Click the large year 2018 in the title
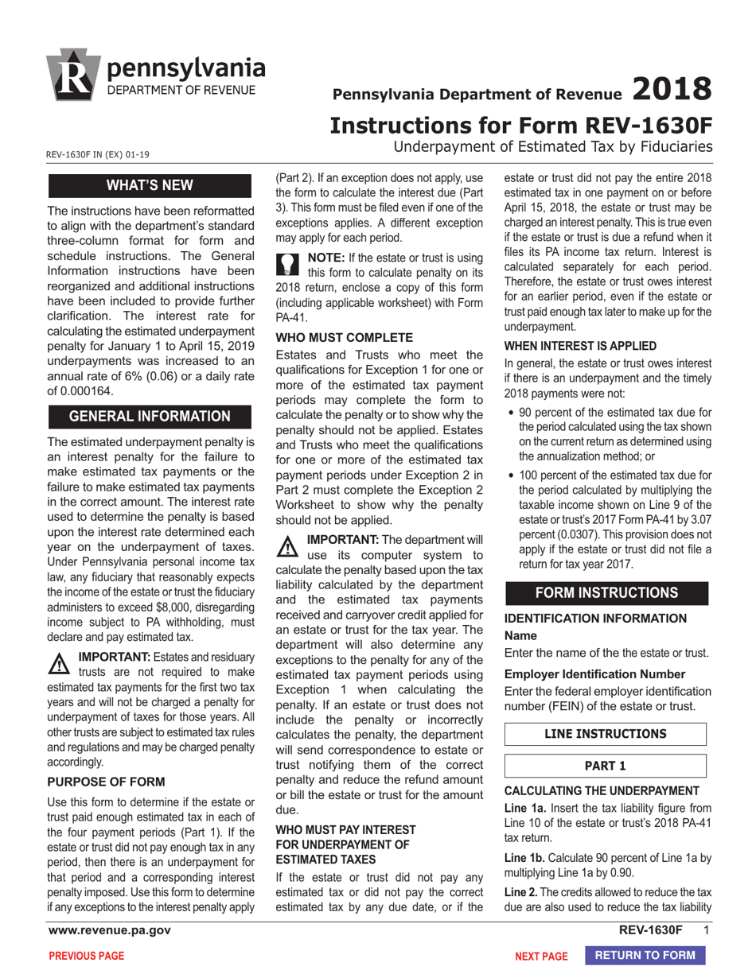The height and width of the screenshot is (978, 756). pos(670,89)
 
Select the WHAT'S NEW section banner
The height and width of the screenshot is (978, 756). pos(150,185)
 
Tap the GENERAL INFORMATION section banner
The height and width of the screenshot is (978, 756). pos(150,417)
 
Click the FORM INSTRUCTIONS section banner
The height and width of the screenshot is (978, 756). pos(606,593)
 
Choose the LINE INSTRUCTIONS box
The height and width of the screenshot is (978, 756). pos(606,734)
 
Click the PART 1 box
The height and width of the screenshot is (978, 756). pos(606,766)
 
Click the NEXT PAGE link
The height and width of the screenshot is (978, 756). pos(541,957)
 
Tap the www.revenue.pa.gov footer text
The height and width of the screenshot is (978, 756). pos(109,930)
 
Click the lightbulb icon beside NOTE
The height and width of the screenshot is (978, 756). pos(287,262)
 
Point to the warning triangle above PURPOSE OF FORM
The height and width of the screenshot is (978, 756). pos(60,664)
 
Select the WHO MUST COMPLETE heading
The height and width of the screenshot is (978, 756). pos(344,337)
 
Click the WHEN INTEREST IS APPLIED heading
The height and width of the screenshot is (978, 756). pos(580,346)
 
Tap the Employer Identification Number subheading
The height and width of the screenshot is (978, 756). pos(594,674)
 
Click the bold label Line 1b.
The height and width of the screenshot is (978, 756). pos(524,858)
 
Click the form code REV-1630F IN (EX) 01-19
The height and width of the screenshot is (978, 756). pos(99,154)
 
